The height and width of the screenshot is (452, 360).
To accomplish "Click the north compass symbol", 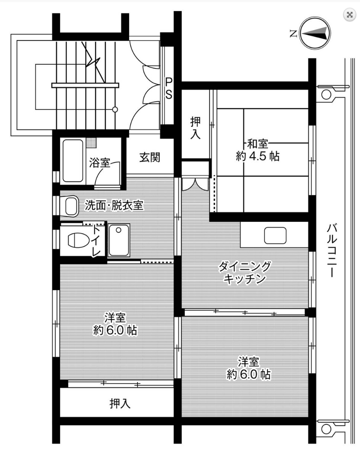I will (315, 33).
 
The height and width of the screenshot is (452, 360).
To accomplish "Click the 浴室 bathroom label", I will (100, 163).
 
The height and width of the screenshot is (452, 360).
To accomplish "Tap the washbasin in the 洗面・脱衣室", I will (70, 206).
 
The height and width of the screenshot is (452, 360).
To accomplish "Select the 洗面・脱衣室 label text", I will (114, 205).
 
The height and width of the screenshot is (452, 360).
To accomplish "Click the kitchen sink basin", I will (275, 235).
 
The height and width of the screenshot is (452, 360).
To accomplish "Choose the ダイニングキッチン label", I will (244, 273).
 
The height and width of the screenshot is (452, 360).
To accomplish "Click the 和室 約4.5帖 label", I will (258, 150).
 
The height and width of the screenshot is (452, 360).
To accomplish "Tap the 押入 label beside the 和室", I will (195, 128).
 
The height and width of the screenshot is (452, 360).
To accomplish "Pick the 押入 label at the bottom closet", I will (120, 403).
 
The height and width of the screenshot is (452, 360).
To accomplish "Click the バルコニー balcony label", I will (332, 250).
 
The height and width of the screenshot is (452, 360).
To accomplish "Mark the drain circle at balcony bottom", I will (326, 429).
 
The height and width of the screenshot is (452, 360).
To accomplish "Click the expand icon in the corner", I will (350, 15).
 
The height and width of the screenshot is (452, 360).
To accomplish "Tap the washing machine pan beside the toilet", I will (119, 240).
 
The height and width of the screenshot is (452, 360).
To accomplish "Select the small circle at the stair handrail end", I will (115, 109).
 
